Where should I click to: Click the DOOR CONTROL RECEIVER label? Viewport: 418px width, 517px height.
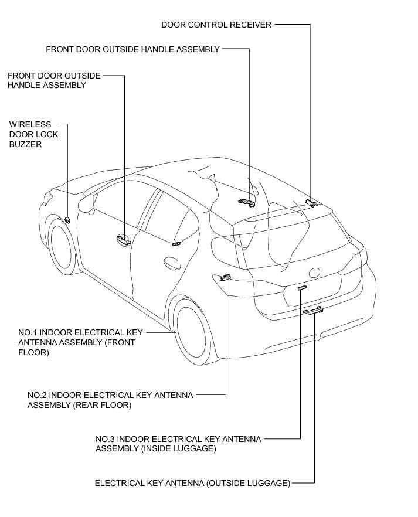coord(216,25)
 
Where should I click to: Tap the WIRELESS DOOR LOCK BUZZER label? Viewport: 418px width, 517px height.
coord(30,134)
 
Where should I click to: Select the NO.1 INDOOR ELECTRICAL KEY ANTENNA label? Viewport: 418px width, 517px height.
coord(77,342)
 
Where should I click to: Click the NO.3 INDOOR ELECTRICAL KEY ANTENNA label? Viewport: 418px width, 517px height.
coord(178,444)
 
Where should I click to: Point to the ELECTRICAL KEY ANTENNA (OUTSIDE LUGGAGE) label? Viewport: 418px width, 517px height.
coord(192,484)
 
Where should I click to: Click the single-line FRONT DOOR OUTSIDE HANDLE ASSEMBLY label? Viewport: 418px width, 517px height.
coord(132,49)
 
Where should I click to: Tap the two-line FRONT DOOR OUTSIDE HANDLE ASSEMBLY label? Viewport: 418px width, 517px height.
coord(54,80)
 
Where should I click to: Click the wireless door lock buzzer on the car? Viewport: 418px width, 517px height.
coord(68,220)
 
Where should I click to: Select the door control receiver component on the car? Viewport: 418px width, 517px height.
coord(311,202)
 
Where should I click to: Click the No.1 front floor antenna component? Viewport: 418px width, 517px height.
coord(177,243)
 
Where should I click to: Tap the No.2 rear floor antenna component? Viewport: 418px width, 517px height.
coord(225,277)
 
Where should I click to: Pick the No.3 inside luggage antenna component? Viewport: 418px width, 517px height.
coord(301,288)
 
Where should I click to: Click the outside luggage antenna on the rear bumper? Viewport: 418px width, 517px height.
coord(312,311)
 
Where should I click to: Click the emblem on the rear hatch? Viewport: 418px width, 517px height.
coord(315,272)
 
